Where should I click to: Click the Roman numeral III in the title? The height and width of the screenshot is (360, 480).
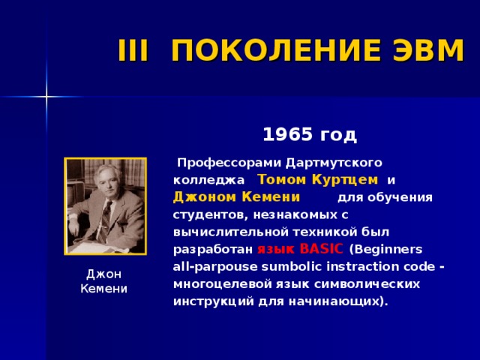[x=135, y=51]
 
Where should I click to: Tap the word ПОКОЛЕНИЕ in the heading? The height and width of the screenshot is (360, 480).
[x=268, y=51]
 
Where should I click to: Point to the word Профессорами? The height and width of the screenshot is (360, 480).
[x=226, y=162]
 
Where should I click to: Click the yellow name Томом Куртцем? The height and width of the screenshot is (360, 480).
[x=317, y=180]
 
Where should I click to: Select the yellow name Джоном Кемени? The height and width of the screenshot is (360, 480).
[x=236, y=197]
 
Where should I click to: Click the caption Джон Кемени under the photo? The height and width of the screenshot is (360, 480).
[x=104, y=281]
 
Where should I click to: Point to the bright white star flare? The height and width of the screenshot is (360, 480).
[x=46, y=96]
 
